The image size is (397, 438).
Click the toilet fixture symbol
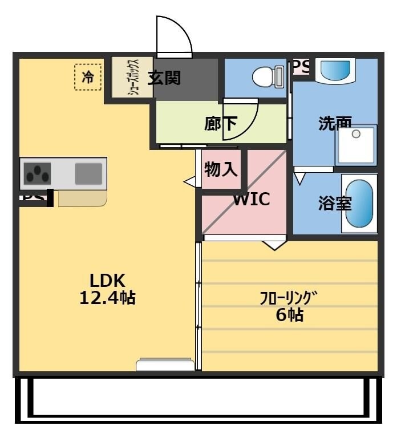point(268,76)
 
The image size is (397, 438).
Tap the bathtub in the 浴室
point(359,204)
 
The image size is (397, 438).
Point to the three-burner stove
point(37,172)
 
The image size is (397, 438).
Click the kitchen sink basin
point(88,172)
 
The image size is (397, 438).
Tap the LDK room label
point(107,281)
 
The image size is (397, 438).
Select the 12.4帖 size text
point(107,298)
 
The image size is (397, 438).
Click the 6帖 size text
point(289,315)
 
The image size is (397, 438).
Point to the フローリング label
point(288,298)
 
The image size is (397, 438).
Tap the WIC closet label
point(251,200)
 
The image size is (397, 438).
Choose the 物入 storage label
point(221,169)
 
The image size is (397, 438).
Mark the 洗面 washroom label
point(335,122)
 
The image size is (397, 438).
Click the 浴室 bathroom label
point(335,204)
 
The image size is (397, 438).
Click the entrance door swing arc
point(174,35)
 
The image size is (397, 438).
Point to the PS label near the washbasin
point(301,66)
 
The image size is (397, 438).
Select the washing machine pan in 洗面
point(356,145)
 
